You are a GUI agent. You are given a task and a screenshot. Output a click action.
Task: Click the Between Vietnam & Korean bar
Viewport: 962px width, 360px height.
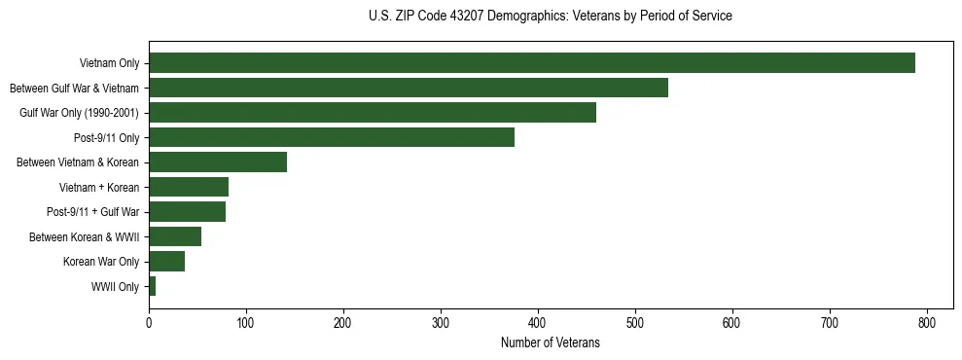click(218, 162)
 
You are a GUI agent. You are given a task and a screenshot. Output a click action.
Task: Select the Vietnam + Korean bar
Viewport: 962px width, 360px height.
click(189, 187)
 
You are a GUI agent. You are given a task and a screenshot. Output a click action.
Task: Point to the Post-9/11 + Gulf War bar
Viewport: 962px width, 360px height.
click(187, 212)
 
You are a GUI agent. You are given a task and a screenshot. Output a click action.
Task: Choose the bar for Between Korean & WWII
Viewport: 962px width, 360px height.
click(175, 236)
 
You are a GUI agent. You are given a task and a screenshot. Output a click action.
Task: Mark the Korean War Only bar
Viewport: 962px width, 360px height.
click(166, 262)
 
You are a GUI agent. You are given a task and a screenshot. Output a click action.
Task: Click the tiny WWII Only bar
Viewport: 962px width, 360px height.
click(153, 286)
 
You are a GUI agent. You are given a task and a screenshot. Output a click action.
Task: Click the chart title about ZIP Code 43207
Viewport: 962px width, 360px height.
click(551, 17)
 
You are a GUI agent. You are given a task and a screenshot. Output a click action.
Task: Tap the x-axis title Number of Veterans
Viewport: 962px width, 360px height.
click(551, 343)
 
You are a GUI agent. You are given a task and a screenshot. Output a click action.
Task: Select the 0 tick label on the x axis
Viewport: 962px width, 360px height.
click(149, 323)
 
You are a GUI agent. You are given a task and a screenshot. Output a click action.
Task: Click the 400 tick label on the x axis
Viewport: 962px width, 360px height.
click(538, 323)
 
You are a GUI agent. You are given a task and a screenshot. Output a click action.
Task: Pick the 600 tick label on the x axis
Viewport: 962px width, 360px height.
click(732, 323)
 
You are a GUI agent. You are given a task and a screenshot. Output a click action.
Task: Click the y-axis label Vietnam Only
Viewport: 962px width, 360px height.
click(109, 64)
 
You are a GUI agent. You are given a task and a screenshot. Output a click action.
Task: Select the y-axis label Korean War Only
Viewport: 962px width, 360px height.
click(101, 262)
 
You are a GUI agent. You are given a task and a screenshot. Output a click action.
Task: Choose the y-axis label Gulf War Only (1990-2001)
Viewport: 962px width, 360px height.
click(80, 113)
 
